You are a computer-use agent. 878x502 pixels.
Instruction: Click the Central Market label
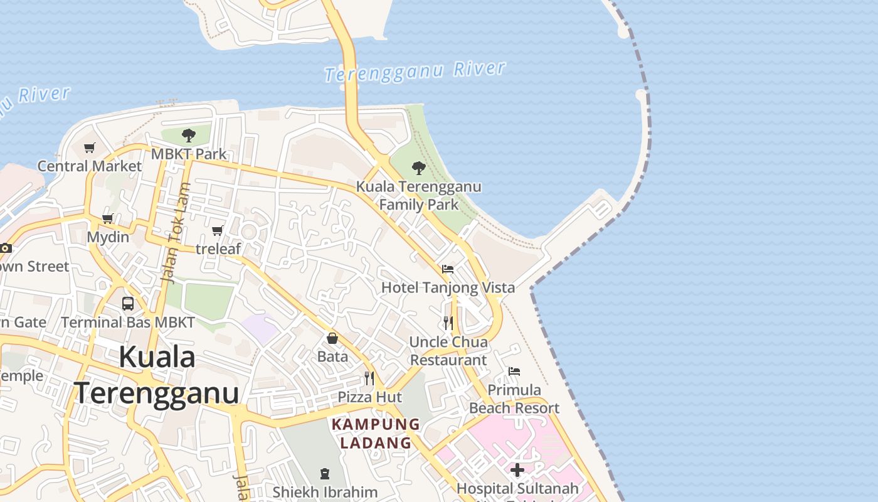[x=90, y=166]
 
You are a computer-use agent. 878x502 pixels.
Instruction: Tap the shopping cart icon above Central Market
[x=90, y=148]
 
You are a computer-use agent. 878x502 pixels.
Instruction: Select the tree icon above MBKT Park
[x=188, y=135]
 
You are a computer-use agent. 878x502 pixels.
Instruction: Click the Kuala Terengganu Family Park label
[x=419, y=195]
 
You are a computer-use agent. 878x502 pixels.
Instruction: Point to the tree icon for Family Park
[x=419, y=168]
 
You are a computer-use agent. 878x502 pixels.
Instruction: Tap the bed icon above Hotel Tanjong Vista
[x=448, y=269]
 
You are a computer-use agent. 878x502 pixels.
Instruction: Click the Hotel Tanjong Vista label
[x=448, y=287]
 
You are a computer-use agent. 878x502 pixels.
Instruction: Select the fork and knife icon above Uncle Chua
[x=448, y=323]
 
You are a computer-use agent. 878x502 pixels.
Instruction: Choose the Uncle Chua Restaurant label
[x=448, y=351]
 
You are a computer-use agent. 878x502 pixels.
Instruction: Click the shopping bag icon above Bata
[x=332, y=339]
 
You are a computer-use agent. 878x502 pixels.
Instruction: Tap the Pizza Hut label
[x=369, y=397]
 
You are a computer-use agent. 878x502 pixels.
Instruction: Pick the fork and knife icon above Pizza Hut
[x=369, y=378]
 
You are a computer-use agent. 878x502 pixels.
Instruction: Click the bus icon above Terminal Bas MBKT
[x=128, y=304]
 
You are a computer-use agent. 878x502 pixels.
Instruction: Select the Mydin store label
[x=108, y=237]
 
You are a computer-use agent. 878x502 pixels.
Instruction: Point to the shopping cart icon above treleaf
[x=218, y=231]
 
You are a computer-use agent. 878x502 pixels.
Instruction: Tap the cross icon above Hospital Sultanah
[x=517, y=470]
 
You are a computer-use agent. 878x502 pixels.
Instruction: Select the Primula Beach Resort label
[x=514, y=399]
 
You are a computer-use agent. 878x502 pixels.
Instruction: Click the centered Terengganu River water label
[x=415, y=72]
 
